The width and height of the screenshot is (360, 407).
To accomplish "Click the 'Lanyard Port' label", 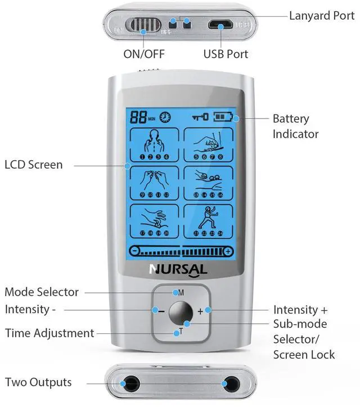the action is click(321, 15).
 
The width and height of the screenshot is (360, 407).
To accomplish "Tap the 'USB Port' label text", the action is click(225, 54).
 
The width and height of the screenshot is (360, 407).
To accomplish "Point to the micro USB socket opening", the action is click(221, 25).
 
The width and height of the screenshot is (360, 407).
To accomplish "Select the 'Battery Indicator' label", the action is click(295, 126).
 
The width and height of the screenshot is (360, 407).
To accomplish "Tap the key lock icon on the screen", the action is click(200, 117).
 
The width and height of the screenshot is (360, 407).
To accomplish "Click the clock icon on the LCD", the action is click(166, 117).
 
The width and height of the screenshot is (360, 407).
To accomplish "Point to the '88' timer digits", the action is click(138, 117).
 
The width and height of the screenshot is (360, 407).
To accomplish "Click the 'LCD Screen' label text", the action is click(34, 165).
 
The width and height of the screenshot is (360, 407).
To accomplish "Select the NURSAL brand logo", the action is click(178, 269).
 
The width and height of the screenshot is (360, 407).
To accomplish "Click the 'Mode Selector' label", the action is click(42, 292).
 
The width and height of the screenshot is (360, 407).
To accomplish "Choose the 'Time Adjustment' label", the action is click(49, 333).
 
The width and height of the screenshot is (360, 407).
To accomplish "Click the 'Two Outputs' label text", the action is click(38, 382).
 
